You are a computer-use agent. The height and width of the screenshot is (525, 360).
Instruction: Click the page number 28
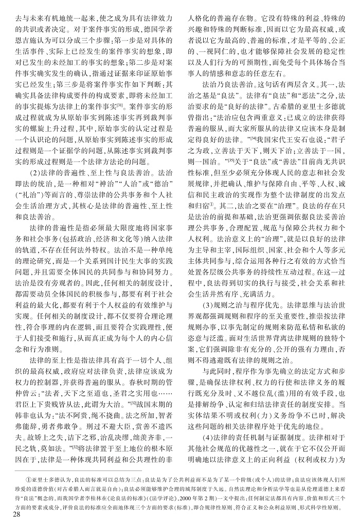[x=10, y=516]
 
